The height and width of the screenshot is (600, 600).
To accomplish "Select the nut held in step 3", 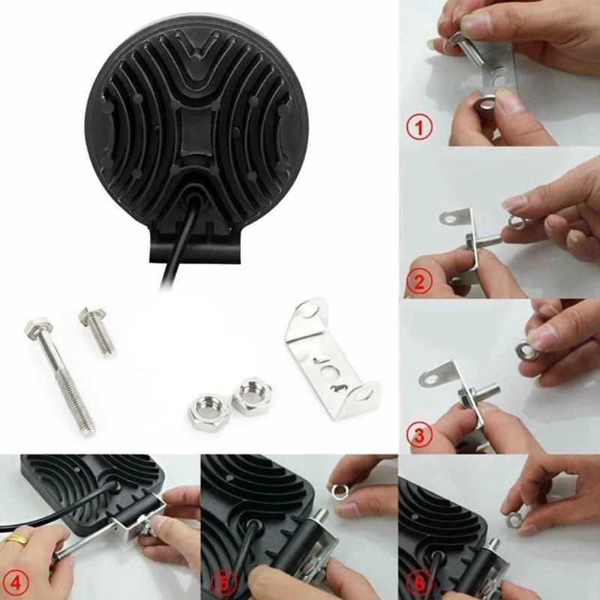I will [526, 348].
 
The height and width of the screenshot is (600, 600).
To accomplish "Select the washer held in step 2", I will [517, 222].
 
